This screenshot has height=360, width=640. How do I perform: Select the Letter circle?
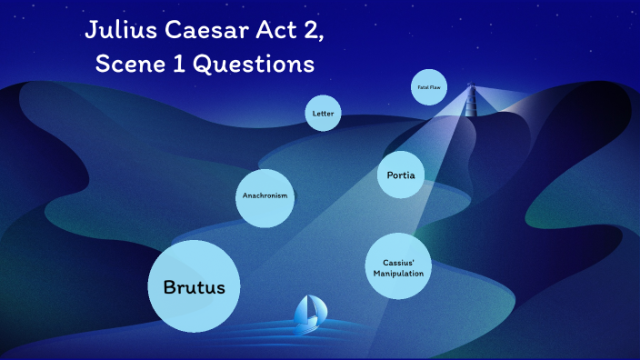coord(323,114)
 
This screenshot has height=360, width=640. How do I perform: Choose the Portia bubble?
coord(401,175)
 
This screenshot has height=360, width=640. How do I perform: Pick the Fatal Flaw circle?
coord(428,87)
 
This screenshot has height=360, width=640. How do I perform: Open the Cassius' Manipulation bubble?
coord(398,268)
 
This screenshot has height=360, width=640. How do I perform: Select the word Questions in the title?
coord(267,65)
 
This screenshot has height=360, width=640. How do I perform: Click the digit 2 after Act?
coord(313,31)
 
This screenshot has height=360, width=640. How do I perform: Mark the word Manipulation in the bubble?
coord(398,274)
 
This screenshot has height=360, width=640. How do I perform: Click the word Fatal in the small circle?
coord(423,87)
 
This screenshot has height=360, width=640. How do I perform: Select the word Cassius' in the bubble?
coord(398,263)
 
